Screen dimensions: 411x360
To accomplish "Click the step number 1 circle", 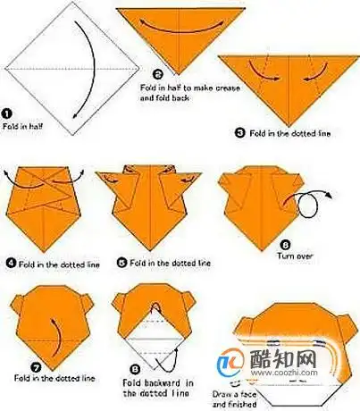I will [x=6, y=114].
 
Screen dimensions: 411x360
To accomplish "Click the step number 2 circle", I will [x=157, y=75].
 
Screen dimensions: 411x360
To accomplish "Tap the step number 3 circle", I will [x=239, y=131].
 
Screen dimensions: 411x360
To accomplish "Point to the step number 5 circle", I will [x=121, y=263].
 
